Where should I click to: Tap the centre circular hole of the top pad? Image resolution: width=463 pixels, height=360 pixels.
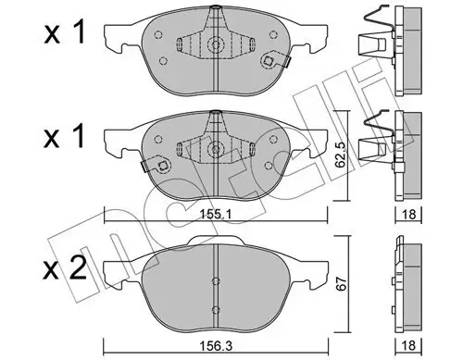coord(216,45)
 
